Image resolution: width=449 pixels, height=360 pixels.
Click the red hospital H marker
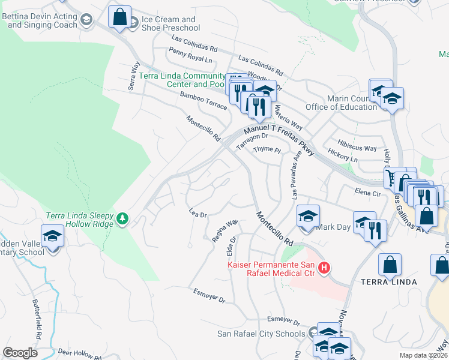(324, 267)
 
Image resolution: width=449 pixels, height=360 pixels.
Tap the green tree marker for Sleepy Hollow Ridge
(122, 217)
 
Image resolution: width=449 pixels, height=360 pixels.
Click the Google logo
(20, 353)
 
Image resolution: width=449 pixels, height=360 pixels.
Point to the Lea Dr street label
(197, 214)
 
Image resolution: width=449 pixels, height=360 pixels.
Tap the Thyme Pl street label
(267, 149)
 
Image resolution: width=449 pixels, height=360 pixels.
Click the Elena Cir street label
(368, 193)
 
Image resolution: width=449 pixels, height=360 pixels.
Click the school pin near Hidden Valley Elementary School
(53, 235)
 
